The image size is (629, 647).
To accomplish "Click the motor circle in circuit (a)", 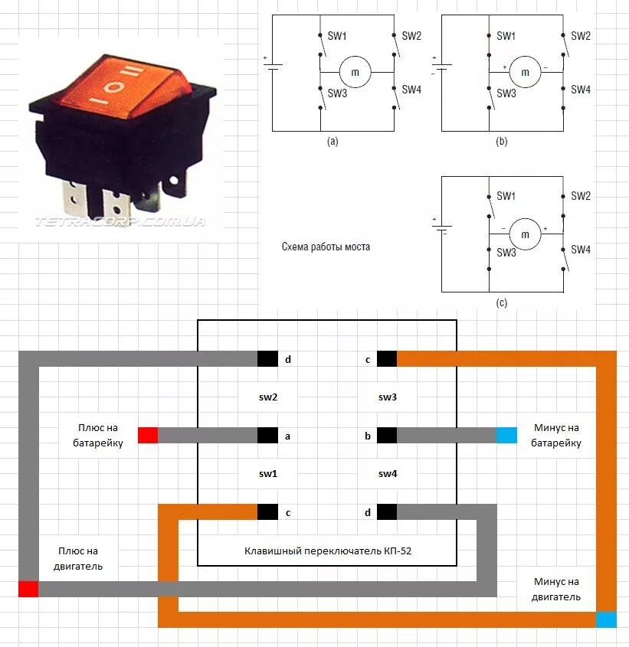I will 355,71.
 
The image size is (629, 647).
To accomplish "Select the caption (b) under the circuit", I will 501,142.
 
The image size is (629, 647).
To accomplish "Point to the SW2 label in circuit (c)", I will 581,196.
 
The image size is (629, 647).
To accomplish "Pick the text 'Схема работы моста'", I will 326,247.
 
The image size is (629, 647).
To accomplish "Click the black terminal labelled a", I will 267,436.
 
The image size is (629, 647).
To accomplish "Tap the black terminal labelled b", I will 386,436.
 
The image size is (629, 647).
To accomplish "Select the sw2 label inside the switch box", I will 267,397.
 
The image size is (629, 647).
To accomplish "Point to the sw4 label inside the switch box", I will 388,474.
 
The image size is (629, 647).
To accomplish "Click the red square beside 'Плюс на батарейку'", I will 148,436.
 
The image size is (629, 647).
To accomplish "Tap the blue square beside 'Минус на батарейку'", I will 506,436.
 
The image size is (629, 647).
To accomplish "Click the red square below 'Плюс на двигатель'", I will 28,589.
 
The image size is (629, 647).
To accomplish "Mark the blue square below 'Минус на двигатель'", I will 606,619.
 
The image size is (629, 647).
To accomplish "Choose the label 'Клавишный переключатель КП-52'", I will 329,551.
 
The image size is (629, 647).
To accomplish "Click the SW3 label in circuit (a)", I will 337,93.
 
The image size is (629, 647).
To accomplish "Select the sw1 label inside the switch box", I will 267,474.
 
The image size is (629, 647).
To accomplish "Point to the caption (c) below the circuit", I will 501,303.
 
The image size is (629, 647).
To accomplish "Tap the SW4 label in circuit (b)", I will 581,90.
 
